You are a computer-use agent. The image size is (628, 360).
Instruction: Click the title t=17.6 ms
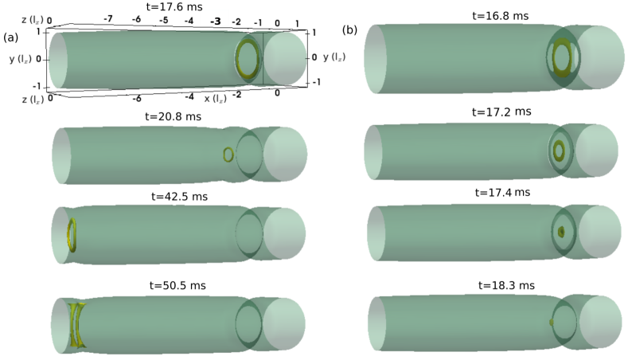[174, 7]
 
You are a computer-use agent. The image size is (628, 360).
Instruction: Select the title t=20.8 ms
[173, 116]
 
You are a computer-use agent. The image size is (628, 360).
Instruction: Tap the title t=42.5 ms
[179, 197]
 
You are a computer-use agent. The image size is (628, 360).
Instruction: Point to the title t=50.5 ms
[177, 285]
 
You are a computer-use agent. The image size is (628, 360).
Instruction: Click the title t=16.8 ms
[500, 16]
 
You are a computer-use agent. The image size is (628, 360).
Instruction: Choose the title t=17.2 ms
[501, 112]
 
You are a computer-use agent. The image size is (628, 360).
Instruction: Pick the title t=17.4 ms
[502, 193]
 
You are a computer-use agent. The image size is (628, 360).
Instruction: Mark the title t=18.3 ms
[506, 285]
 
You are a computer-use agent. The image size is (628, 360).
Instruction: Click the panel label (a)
[11, 37]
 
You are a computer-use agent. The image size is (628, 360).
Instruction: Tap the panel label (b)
[349, 30]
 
